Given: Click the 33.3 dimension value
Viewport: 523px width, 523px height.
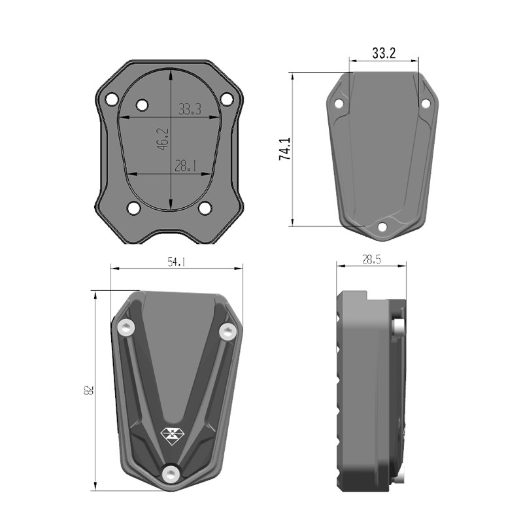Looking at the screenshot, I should pos(189,109).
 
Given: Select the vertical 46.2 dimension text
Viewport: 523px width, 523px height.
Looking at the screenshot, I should pos(163,139).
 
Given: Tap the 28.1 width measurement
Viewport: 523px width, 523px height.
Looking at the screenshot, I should pos(186,166).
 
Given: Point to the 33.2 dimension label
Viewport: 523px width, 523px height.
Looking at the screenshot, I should pos(384,54).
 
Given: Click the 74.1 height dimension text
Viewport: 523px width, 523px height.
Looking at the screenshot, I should pos(284,149).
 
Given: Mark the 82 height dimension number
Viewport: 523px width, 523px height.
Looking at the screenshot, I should pos(89,390).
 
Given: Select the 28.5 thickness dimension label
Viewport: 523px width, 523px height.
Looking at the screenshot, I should pos(371,260).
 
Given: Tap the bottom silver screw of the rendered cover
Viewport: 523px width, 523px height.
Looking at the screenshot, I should pos(171,473).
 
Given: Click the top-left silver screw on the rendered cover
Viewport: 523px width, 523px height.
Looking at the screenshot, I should pos(126,326).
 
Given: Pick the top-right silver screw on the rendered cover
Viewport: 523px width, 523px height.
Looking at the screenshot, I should pos(227,332).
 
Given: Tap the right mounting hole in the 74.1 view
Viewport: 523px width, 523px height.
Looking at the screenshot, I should pos(425,103).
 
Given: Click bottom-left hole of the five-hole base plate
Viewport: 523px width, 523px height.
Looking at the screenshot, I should pos(134,208).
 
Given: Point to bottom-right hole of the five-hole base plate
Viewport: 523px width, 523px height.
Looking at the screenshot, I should pos(205,208).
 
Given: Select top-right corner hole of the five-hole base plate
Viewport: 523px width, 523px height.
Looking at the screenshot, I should pos(227,99).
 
